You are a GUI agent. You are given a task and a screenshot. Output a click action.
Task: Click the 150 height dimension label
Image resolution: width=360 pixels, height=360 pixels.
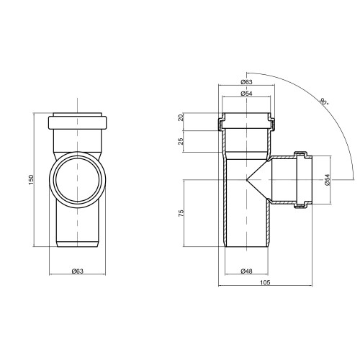pos(32,180)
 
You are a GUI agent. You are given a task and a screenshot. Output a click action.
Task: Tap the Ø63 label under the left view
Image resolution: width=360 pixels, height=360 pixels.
pos(78,271)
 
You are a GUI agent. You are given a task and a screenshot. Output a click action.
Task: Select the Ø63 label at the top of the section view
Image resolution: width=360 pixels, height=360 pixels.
pos(246,82)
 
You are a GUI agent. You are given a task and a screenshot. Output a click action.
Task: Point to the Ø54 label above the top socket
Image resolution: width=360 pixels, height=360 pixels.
pos(246,94)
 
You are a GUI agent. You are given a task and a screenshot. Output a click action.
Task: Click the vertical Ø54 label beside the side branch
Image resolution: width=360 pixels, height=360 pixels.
pos(328,180)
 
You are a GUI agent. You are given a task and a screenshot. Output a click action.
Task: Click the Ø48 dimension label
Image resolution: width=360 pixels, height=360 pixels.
pos(246,271)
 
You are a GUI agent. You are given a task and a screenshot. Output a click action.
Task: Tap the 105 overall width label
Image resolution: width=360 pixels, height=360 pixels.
pos(265,282)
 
